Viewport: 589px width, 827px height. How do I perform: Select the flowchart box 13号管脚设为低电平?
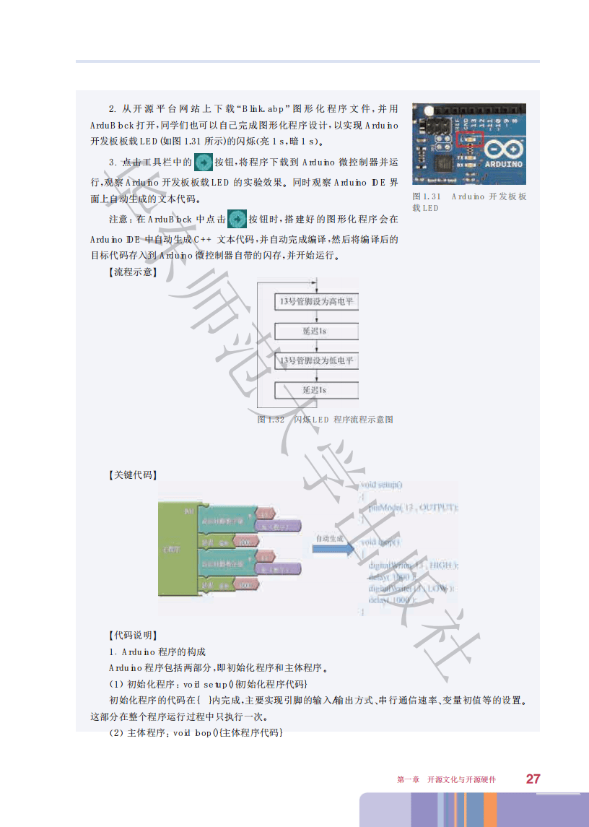pos(316,360)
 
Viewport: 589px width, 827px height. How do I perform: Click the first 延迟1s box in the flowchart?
pos(316,330)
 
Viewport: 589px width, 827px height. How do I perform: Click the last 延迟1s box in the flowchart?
pos(316,390)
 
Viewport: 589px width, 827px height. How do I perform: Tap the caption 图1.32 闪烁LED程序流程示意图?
pos(325,420)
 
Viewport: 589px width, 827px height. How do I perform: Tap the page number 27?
pos(533,779)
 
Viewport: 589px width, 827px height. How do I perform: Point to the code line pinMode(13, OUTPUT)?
pos(412,508)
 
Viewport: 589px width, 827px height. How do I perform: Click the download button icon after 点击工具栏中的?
pos(204,162)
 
